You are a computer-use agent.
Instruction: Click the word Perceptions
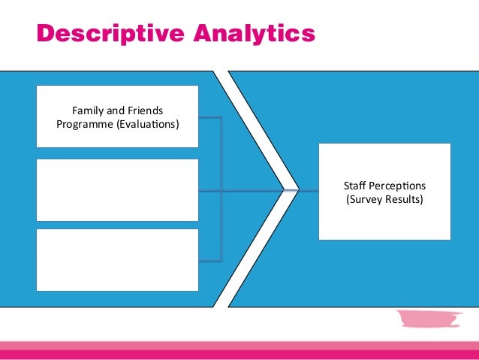tap(399, 186)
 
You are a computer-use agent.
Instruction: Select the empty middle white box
tap(117, 189)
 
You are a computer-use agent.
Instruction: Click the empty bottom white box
tap(117, 259)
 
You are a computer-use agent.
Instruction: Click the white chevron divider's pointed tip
tap(294, 189)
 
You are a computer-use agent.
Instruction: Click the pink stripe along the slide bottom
tap(239, 350)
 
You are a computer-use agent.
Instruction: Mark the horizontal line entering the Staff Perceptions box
tap(308, 190)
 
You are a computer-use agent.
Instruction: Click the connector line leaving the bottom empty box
tap(210, 260)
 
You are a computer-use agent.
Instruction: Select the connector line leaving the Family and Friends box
tap(210, 118)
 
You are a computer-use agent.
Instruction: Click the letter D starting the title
tap(46, 34)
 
